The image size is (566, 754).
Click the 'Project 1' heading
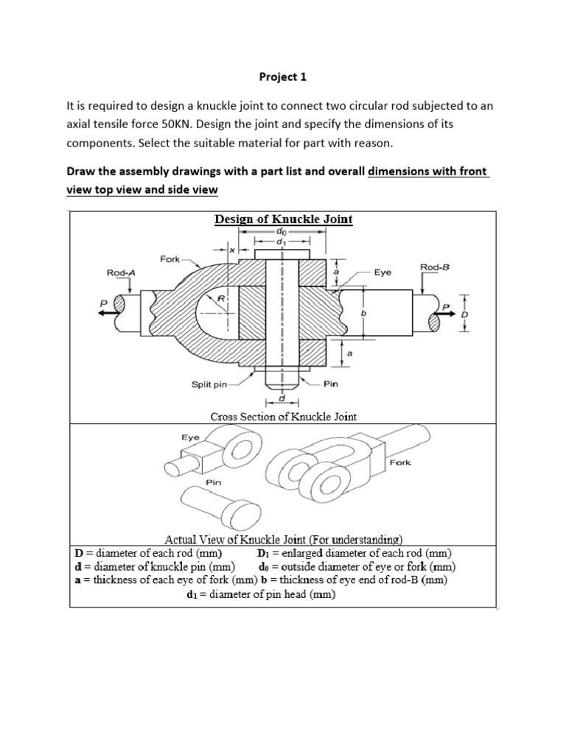pos(283,76)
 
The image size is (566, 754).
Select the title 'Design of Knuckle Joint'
pos(283,219)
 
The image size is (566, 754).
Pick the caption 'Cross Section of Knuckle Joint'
pos(283,417)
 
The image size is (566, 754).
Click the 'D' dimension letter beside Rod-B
pos(464,313)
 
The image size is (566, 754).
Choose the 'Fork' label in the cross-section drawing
pos(170,258)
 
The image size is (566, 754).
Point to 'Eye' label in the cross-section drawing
pos(382,272)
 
